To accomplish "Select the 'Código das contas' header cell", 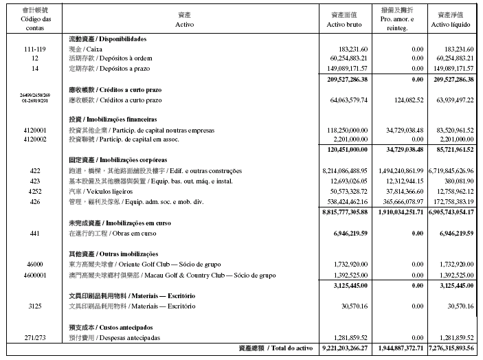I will tap(34, 19).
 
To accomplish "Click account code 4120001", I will tap(34, 129).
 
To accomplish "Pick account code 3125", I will tap(34, 306).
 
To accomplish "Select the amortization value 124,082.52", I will tap(403, 100).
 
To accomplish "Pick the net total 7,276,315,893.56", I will tap(450, 349).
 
